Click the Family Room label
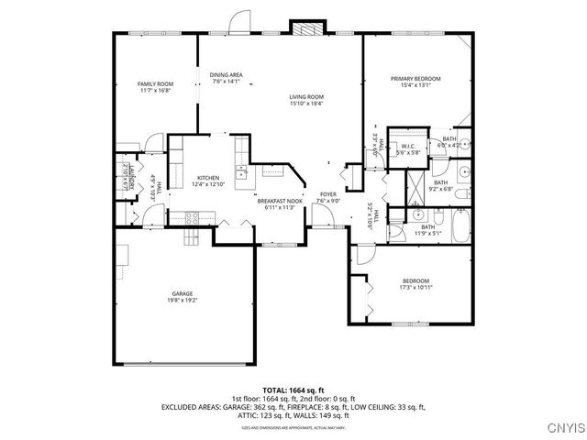coord(155,83)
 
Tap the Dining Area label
coord(226,74)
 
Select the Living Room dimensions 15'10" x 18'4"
coord(306,103)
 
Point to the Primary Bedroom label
coord(415,79)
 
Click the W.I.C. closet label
coord(407,147)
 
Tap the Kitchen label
coord(206,177)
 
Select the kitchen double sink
coord(241,171)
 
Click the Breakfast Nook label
coord(279,201)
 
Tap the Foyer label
coord(327,194)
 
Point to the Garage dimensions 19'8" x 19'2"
coord(183,300)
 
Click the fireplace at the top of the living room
coord(304,28)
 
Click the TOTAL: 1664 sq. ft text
coord(293,390)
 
